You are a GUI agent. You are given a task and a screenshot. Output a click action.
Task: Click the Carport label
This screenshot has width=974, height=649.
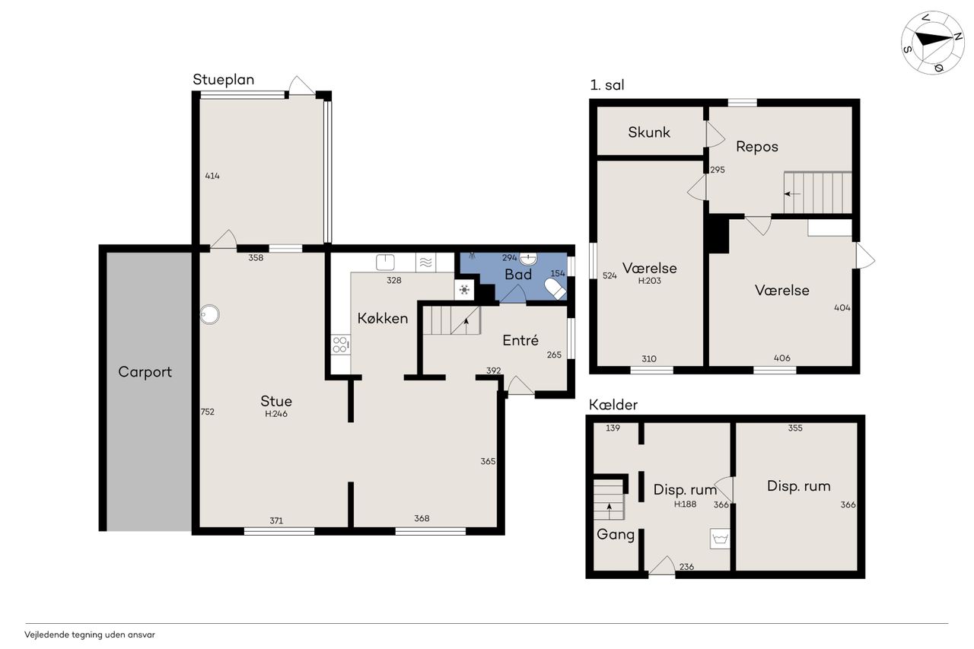[x=145, y=372]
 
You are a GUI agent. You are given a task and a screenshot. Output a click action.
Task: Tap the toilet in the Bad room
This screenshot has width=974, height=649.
[x=555, y=288]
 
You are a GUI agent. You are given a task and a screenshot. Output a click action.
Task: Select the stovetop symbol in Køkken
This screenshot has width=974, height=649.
[x=340, y=345]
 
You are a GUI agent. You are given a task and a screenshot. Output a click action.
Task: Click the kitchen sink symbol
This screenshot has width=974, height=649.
[x=385, y=262]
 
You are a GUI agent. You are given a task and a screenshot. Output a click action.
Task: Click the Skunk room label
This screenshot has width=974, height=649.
[x=649, y=132]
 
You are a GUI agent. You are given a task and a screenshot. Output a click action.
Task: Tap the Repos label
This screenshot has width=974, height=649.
[x=756, y=147]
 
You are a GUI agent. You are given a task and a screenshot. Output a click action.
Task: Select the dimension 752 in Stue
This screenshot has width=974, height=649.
[x=208, y=412]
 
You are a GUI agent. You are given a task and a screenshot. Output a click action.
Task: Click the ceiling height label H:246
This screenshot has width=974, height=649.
[x=276, y=414]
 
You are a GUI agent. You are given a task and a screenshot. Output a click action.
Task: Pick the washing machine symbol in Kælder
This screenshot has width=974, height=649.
[x=720, y=539]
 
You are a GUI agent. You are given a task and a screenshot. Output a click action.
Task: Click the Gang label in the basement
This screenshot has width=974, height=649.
[x=616, y=534]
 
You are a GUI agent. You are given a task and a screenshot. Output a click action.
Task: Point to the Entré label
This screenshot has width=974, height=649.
[x=520, y=340]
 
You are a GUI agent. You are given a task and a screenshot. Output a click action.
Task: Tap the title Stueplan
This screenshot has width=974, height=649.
[x=224, y=80]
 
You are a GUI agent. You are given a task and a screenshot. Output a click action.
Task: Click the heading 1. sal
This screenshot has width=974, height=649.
[x=607, y=85]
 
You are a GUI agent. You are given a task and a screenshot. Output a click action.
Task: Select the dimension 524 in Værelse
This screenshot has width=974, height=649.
[x=610, y=275]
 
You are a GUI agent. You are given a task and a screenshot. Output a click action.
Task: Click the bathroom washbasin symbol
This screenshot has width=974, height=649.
[x=528, y=259]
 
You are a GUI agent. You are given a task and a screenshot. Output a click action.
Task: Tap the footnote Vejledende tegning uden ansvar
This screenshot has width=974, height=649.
[x=90, y=635]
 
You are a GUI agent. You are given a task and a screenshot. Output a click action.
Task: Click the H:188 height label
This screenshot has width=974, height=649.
[x=686, y=504]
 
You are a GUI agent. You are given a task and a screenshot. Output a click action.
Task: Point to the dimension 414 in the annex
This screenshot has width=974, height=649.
[x=212, y=176]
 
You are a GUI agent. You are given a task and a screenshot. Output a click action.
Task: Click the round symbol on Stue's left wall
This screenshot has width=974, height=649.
[x=210, y=315]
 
